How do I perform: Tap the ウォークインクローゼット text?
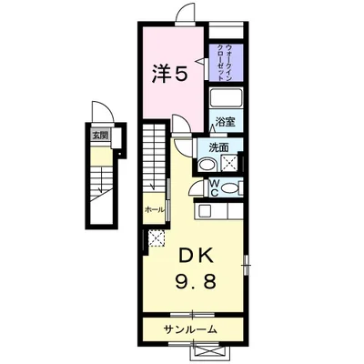(x=224, y=61)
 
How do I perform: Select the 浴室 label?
(x=225, y=121)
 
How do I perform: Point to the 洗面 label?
(x=218, y=147)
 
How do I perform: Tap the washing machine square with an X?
(x=227, y=164)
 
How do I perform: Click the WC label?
(x=212, y=187)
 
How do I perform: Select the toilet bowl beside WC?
(x=231, y=187)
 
